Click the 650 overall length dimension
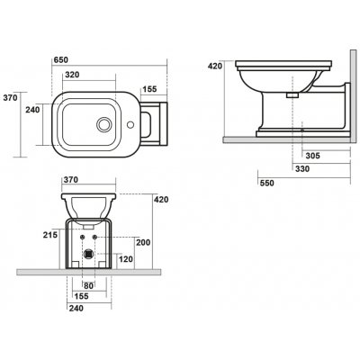(61, 59)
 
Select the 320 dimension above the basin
(72, 75)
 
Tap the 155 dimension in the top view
(149, 89)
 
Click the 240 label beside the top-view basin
(32, 110)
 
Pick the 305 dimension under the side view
(313, 156)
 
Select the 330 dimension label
(302, 169)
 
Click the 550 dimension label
(266, 183)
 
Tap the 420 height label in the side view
(215, 66)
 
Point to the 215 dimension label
(49, 235)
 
